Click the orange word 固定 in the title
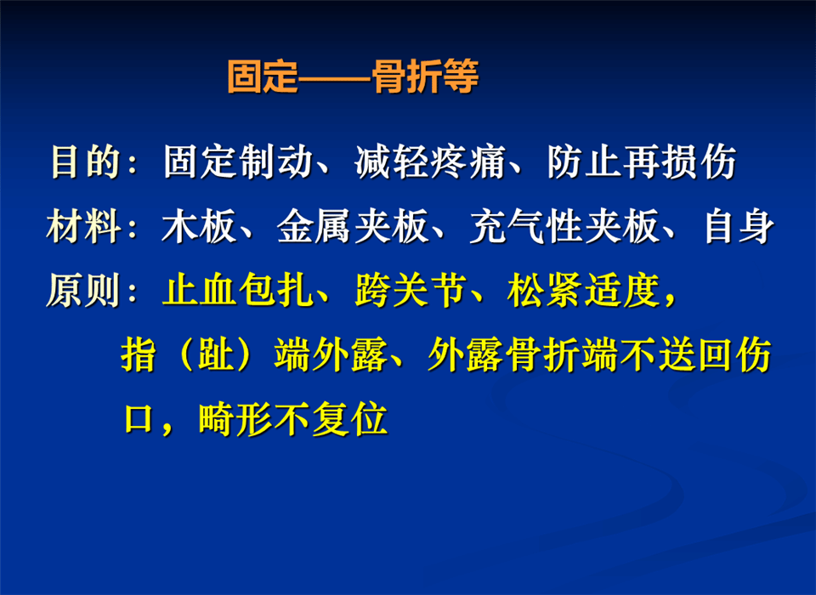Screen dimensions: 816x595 click(263, 77)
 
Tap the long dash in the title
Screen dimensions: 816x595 click(335, 78)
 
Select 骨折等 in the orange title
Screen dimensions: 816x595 click(425, 77)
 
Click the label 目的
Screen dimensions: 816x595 click(85, 161)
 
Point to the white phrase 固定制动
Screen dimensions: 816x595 click(238, 161)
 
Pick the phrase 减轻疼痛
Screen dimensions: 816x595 click(430, 161)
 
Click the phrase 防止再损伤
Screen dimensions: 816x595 click(642, 161)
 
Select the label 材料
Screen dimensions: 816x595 click(84, 227)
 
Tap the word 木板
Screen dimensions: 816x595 click(199, 227)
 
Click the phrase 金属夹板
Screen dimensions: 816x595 click(352, 227)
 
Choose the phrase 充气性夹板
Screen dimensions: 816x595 click(563, 227)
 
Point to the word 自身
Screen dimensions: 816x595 click(739, 227)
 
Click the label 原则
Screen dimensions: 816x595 click(84, 290)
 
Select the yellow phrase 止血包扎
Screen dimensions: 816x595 click(238, 290)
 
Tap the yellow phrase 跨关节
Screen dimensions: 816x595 click(411, 290)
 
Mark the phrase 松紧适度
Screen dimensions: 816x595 click(583, 290)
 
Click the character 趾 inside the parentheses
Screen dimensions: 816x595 click(216, 355)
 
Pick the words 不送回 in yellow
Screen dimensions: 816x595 click(677, 355)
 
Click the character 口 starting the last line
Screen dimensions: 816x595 click(139, 419)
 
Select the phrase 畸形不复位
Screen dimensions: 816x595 click(293, 419)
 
